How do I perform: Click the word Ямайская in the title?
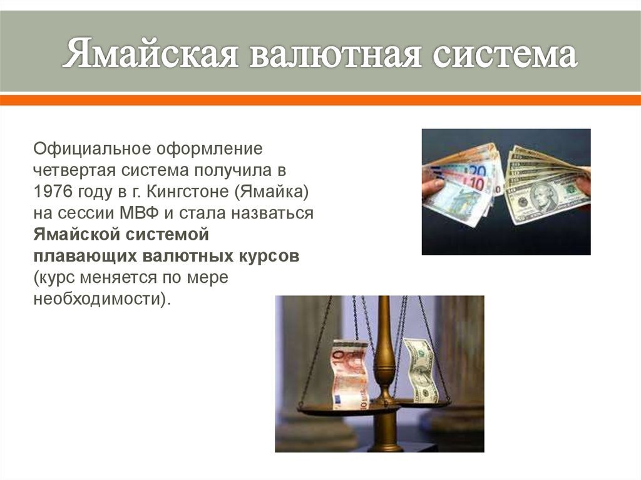pyautogui.click(x=150, y=54)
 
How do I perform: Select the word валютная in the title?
pyautogui.click(x=336, y=54)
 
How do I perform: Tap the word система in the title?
pyautogui.click(x=505, y=54)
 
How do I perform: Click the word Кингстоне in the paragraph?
pyautogui.click(x=188, y=191)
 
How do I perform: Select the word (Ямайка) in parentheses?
pyautogui.click(x=272, y=191)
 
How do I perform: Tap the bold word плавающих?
pyautogui.click(x=85, y=256)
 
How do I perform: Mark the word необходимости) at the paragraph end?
pyautogui.click(x=101, y=299)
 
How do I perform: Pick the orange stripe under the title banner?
pyautogui.click(x=320, y=100)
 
